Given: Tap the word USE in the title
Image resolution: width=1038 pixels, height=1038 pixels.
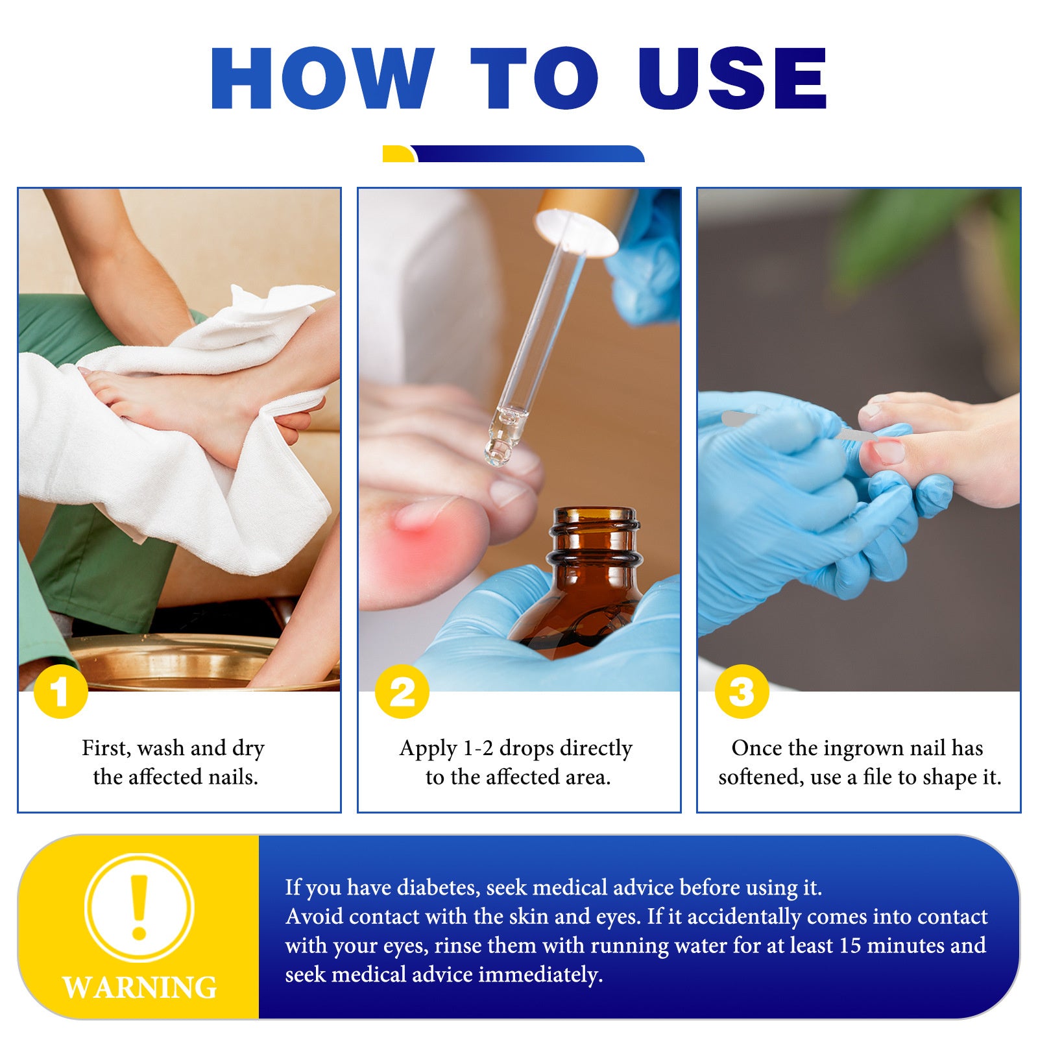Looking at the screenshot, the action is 732,78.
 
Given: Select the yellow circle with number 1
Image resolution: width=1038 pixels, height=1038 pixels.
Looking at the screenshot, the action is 60,691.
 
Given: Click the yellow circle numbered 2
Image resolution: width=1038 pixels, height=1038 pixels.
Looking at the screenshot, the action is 402,691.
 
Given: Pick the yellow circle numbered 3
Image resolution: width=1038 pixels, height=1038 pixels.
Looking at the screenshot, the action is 742,691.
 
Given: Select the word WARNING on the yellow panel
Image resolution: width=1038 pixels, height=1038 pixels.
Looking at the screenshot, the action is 139,987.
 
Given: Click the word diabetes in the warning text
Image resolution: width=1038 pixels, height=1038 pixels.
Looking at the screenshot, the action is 438,887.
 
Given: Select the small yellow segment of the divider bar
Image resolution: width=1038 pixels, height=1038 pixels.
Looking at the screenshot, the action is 398,154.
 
